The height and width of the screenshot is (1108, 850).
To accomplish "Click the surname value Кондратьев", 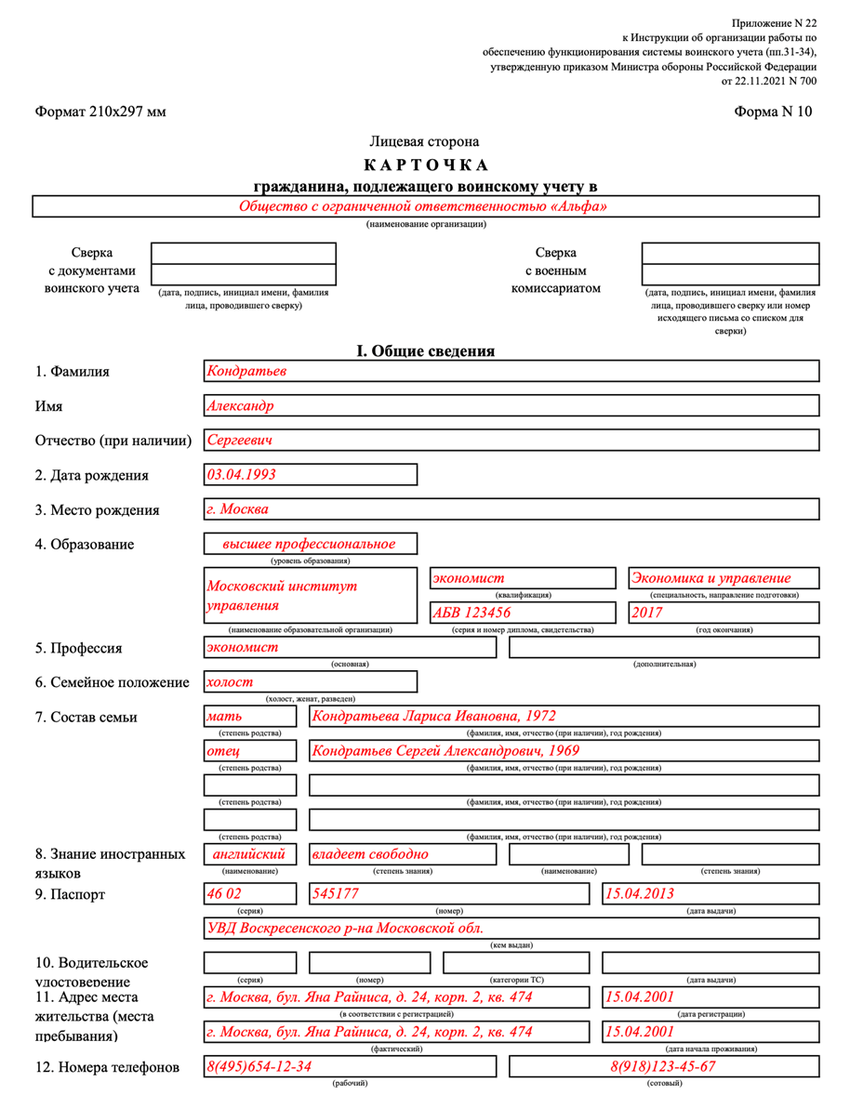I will point(246,371).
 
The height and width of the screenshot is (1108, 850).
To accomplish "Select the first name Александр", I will point(240,405).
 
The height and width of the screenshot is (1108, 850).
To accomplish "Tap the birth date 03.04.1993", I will point(241,474).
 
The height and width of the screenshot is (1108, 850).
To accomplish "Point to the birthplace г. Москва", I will point(237,509).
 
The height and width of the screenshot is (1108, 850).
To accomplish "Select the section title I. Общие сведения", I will point(425,351).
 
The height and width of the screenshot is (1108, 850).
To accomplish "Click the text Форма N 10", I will point(773,112).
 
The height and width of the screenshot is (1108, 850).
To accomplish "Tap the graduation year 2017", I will point(647,613).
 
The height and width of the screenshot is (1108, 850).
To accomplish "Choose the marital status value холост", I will point(229,681).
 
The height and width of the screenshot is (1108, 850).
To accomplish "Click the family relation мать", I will point(223,717).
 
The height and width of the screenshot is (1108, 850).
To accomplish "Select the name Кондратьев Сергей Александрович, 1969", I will point(445,750).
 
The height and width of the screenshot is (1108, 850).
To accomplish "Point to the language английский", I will point(248,853).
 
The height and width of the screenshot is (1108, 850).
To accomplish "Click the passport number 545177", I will point(335,893).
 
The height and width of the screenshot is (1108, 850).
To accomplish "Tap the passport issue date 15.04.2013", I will point(640,893).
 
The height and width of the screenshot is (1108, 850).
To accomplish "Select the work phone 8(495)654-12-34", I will point(259,1066).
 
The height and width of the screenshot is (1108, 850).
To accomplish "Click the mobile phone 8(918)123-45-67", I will point(663,1066).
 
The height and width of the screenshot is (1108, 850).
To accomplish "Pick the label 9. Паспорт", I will point(71,894).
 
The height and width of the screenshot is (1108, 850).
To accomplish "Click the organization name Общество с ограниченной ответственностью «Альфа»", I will point(423,206).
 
